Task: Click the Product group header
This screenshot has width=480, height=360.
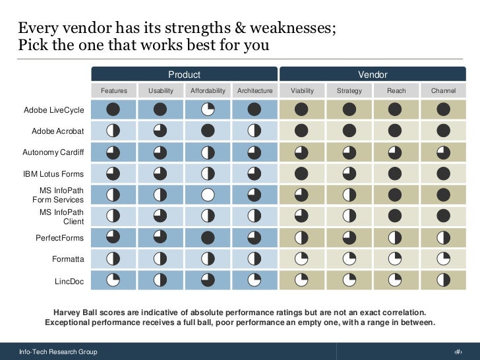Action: click(x=185, y=74)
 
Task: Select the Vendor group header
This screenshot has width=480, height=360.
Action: click(x=373, y=74)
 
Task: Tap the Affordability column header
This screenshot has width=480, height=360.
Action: click(x=208, y=90)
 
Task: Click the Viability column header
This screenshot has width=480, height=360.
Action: click(x=302, y=90)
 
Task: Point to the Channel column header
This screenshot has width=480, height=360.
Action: click(x=443, y=90)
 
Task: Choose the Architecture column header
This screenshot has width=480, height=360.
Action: click(x=255, y=90)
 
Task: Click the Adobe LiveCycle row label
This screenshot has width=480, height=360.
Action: click(x=54, y=110)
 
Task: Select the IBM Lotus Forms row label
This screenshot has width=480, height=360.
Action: click(x=53, y=174)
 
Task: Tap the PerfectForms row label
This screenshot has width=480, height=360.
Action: click(x=59, y=238)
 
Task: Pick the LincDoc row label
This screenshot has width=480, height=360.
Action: click(x=69, y=281)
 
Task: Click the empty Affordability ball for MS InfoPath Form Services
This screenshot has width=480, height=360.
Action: click(x=208, y=195)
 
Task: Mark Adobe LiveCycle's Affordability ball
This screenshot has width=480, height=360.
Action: click(x=208, y=109)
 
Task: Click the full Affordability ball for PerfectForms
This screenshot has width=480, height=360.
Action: click(x=208, y=237)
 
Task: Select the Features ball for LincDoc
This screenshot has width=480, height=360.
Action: click(x=113, y=280)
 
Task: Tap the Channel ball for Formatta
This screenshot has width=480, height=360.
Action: click(x=443, y=258)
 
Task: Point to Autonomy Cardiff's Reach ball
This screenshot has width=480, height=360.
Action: click(x=395, y=152)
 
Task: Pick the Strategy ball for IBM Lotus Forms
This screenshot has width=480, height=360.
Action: click(x=349, y=173)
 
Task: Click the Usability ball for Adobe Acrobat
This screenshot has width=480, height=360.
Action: click(x=160, y=131)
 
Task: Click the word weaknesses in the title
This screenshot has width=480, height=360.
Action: click(x=293, y=28)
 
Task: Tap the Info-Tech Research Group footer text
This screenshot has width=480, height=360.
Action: click(x=58, y=351)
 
